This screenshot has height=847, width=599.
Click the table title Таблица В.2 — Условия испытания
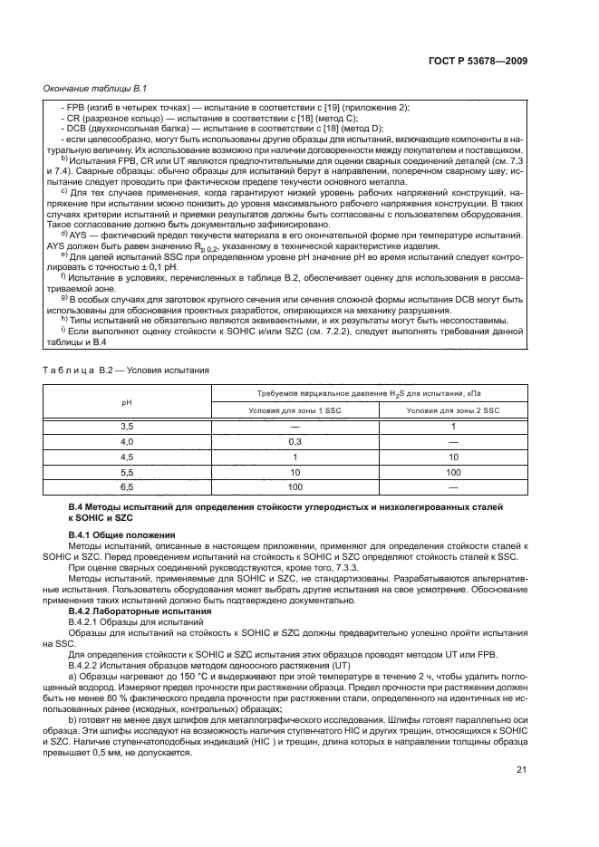pos(126,370)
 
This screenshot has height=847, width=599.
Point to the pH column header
pos(126,400)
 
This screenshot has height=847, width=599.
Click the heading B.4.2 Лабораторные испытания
pos(135,611)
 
